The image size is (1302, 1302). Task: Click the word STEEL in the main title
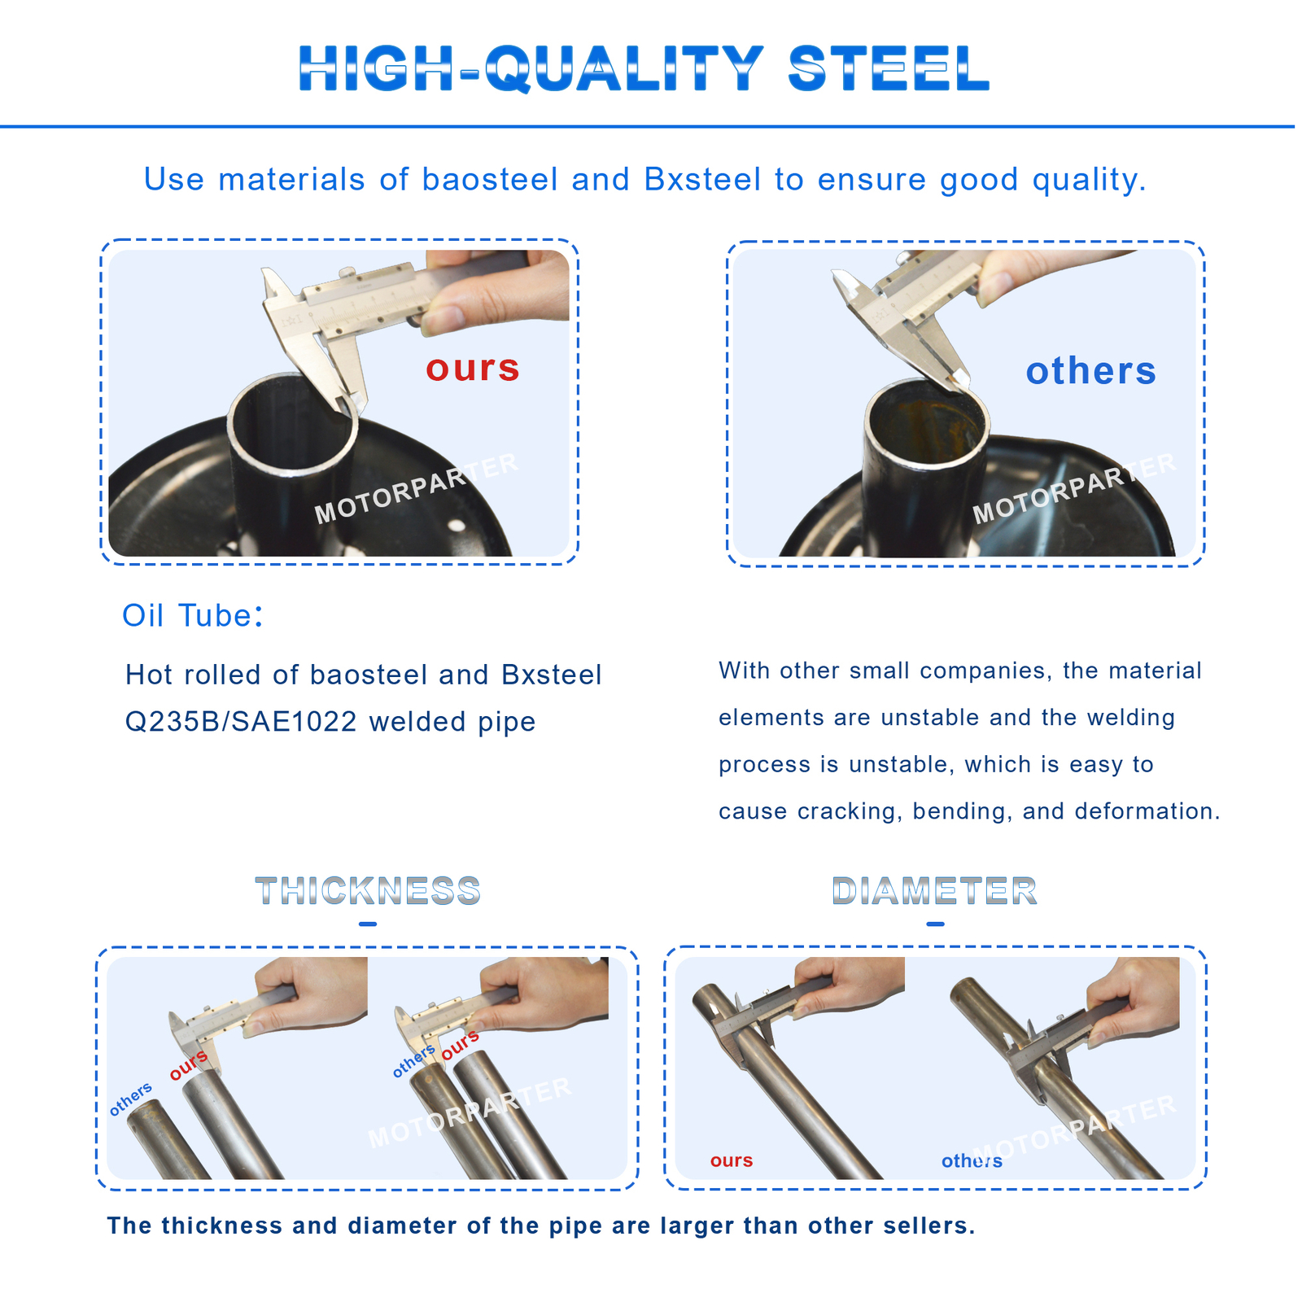[x=889, y=69]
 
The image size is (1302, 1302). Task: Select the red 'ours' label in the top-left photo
[x=473, y=368]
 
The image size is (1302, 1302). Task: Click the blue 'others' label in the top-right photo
[x=1090, y=371]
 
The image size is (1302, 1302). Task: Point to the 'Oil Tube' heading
[x=192, y=616]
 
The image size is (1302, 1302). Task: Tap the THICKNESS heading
[x=368, y=891]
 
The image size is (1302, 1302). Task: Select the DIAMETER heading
[x=935, y=891]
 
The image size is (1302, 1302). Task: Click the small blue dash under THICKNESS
[x=368, y=924]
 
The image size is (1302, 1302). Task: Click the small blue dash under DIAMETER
[x=935, y=924]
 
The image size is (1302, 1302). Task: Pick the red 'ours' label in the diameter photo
[x=731, y=1160]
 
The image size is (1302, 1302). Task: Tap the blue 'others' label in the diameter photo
[x=972, y=1161]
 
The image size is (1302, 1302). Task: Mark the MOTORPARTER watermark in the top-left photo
[x=417, y=488]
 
